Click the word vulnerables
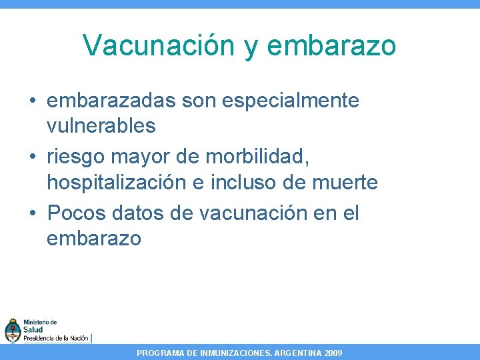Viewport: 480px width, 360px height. pos(101,125)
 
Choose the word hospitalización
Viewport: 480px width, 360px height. pos(124,181)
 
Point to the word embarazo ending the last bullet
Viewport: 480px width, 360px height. pos(93,238)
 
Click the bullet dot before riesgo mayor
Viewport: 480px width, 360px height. pos(33,158)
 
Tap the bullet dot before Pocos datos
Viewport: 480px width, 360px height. pos(33,214)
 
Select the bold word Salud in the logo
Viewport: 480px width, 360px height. pos(33,330)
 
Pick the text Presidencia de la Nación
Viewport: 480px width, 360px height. pos(56,338)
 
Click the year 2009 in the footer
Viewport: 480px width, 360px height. pos(332,353)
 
